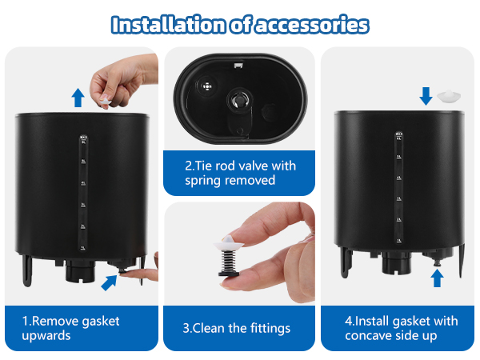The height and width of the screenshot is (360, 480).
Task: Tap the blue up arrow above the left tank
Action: [x=78, y=98]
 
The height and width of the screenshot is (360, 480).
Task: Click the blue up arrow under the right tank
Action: [x=436, y=278]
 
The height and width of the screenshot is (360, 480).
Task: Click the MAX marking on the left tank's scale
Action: [x=82, y=138]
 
